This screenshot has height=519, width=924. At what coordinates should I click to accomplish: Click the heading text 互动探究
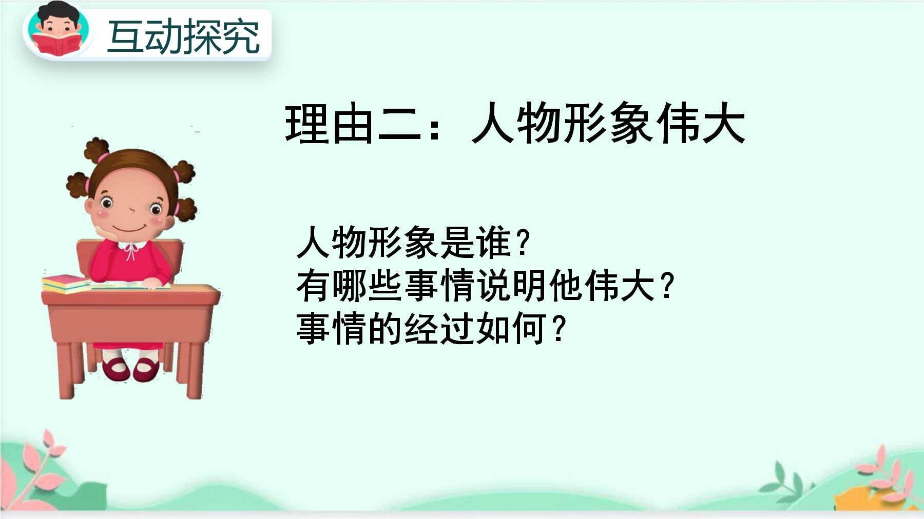tap(183, 36)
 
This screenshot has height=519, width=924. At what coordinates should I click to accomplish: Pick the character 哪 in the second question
tap(350, 286)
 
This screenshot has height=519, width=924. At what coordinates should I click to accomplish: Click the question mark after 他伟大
tap(667, 286)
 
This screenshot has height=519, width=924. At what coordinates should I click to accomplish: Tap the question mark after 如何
tap(559, 329)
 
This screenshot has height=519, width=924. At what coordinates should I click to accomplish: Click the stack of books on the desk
tap(66, 284)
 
